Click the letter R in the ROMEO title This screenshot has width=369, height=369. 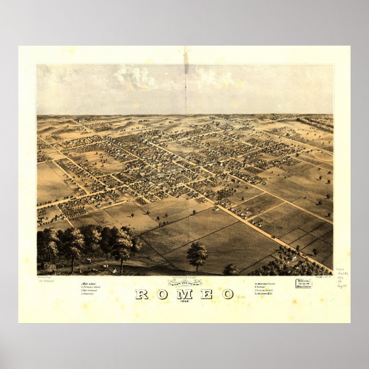[x=141, y=295]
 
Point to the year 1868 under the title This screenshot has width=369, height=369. [x=185, y=302]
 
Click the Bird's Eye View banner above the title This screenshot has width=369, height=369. [x=185, y=283]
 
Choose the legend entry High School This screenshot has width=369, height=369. [x=89, y=283]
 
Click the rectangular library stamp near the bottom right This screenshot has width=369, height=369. [x=304, y=284]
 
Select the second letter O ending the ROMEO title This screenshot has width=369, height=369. [x=227, y=295]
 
